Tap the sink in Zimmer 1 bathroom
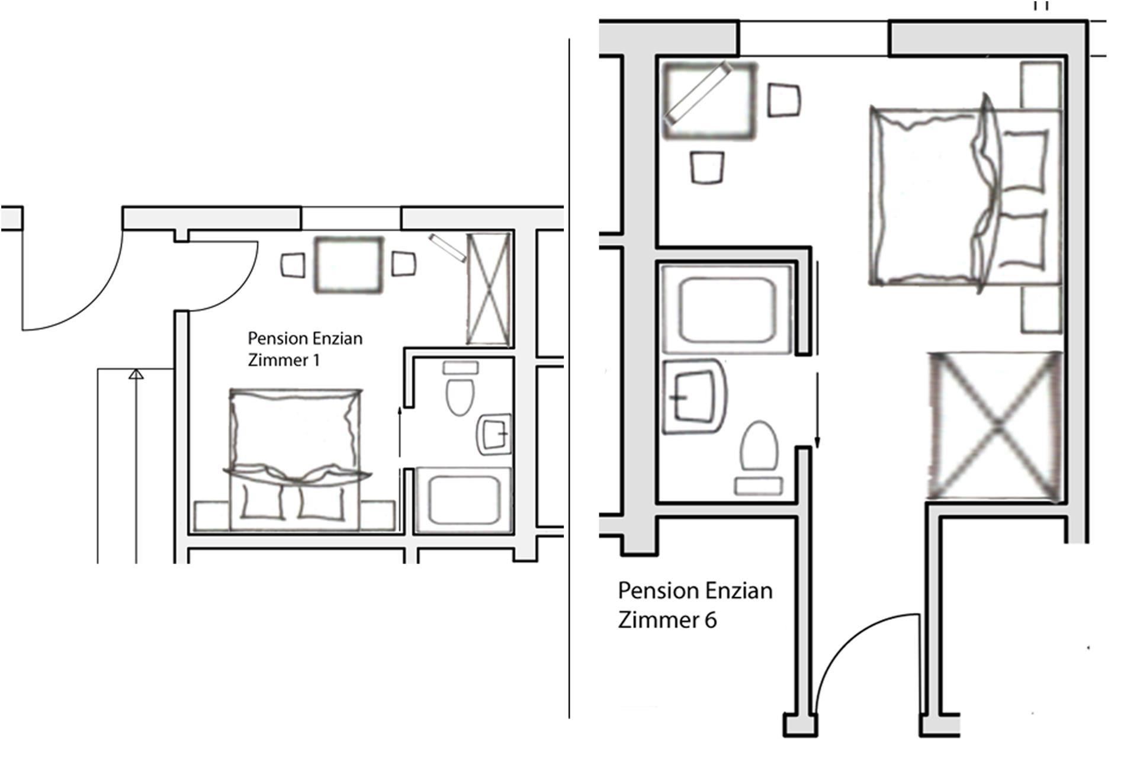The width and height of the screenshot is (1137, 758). click(494, 434)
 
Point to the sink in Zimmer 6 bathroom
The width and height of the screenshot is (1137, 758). click(694, 396)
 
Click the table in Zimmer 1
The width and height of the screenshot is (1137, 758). click(348, 264)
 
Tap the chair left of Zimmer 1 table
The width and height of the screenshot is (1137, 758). click(293, 265)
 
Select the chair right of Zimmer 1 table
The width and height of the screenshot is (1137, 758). click(403, 264)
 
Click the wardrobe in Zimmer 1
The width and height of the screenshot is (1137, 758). click(488, 290)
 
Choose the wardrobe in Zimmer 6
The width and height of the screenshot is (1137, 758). click(995, 425)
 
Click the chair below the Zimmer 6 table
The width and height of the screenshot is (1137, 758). click(708, 168)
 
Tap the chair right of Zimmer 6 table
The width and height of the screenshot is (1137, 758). click(784, 100)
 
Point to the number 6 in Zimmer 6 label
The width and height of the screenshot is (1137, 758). click(710, 620)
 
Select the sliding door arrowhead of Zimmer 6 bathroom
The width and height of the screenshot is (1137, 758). click(817, 442)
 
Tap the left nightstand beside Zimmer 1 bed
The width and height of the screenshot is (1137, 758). click(212, 516)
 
